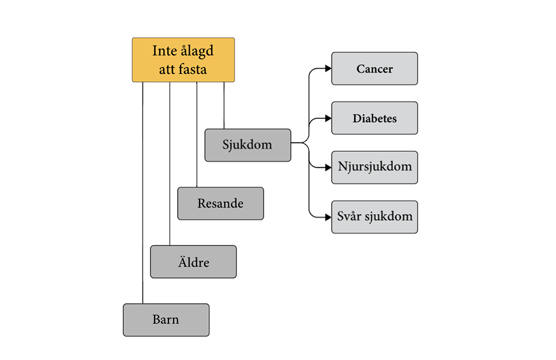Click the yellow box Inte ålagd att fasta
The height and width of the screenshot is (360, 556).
point(183,60)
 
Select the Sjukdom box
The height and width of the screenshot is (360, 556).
point(247,145)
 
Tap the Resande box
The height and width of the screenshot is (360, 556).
point(220,204)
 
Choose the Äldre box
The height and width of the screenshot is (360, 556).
point(193,262)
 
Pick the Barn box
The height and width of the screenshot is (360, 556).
point(166,320)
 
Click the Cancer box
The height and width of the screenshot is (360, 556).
point(374,69)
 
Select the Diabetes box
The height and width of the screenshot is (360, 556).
point(374,118)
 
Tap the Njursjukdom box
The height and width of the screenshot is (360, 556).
point(374,167)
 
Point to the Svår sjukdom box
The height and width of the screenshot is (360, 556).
point(374,217)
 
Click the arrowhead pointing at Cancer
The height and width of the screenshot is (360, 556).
point(328,69)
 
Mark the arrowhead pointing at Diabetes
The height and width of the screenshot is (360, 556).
point(328,118)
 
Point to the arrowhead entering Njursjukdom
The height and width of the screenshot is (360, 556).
point(328,167)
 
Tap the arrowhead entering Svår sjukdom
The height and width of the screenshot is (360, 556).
point(328,217)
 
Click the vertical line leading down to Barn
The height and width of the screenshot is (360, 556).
point(142,190)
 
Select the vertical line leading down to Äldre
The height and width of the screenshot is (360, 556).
point(170,162)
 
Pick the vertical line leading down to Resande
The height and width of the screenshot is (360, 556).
point(197,133)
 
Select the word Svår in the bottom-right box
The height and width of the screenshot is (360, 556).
point(348,217)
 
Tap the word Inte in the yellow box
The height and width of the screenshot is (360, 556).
point(163,51)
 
